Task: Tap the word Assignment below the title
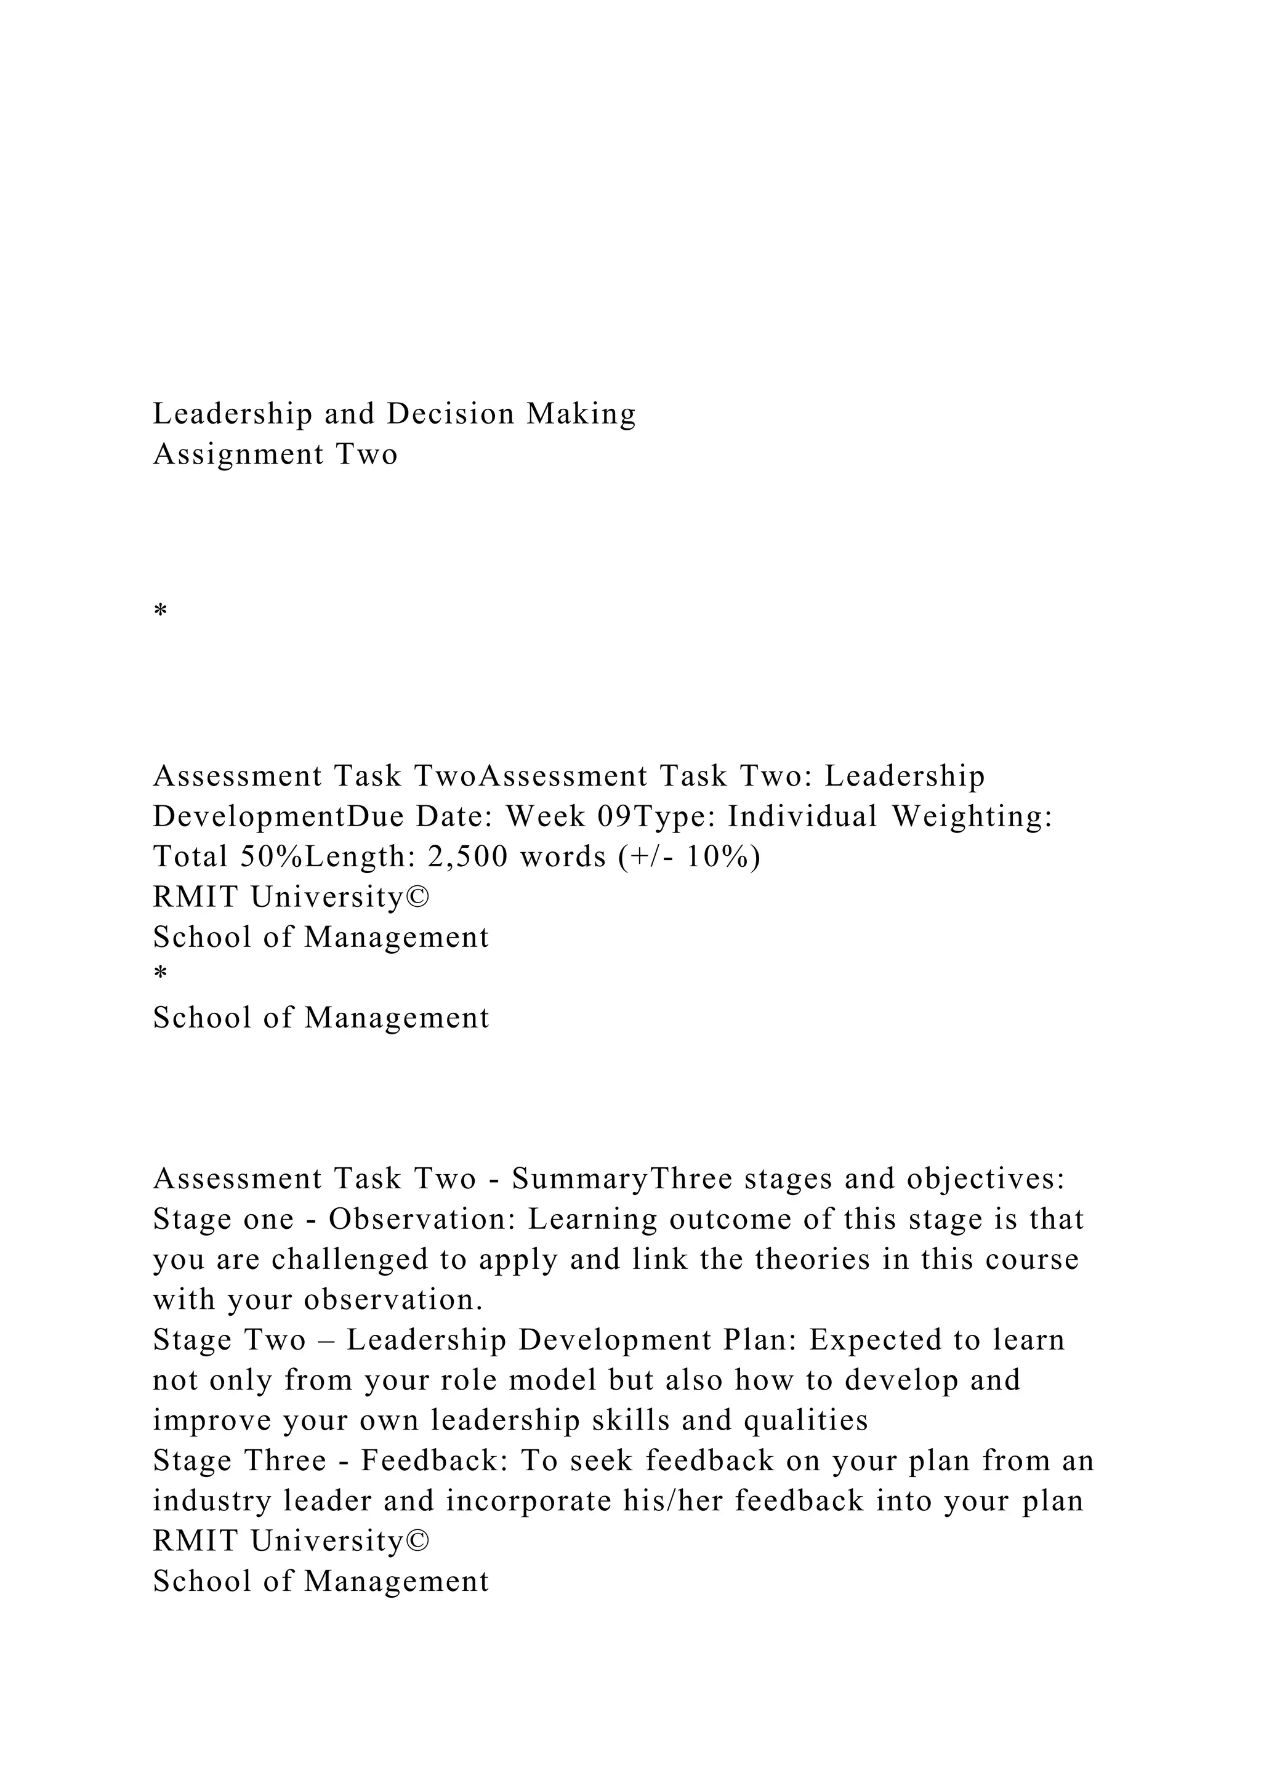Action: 238,454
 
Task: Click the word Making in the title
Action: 582,414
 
